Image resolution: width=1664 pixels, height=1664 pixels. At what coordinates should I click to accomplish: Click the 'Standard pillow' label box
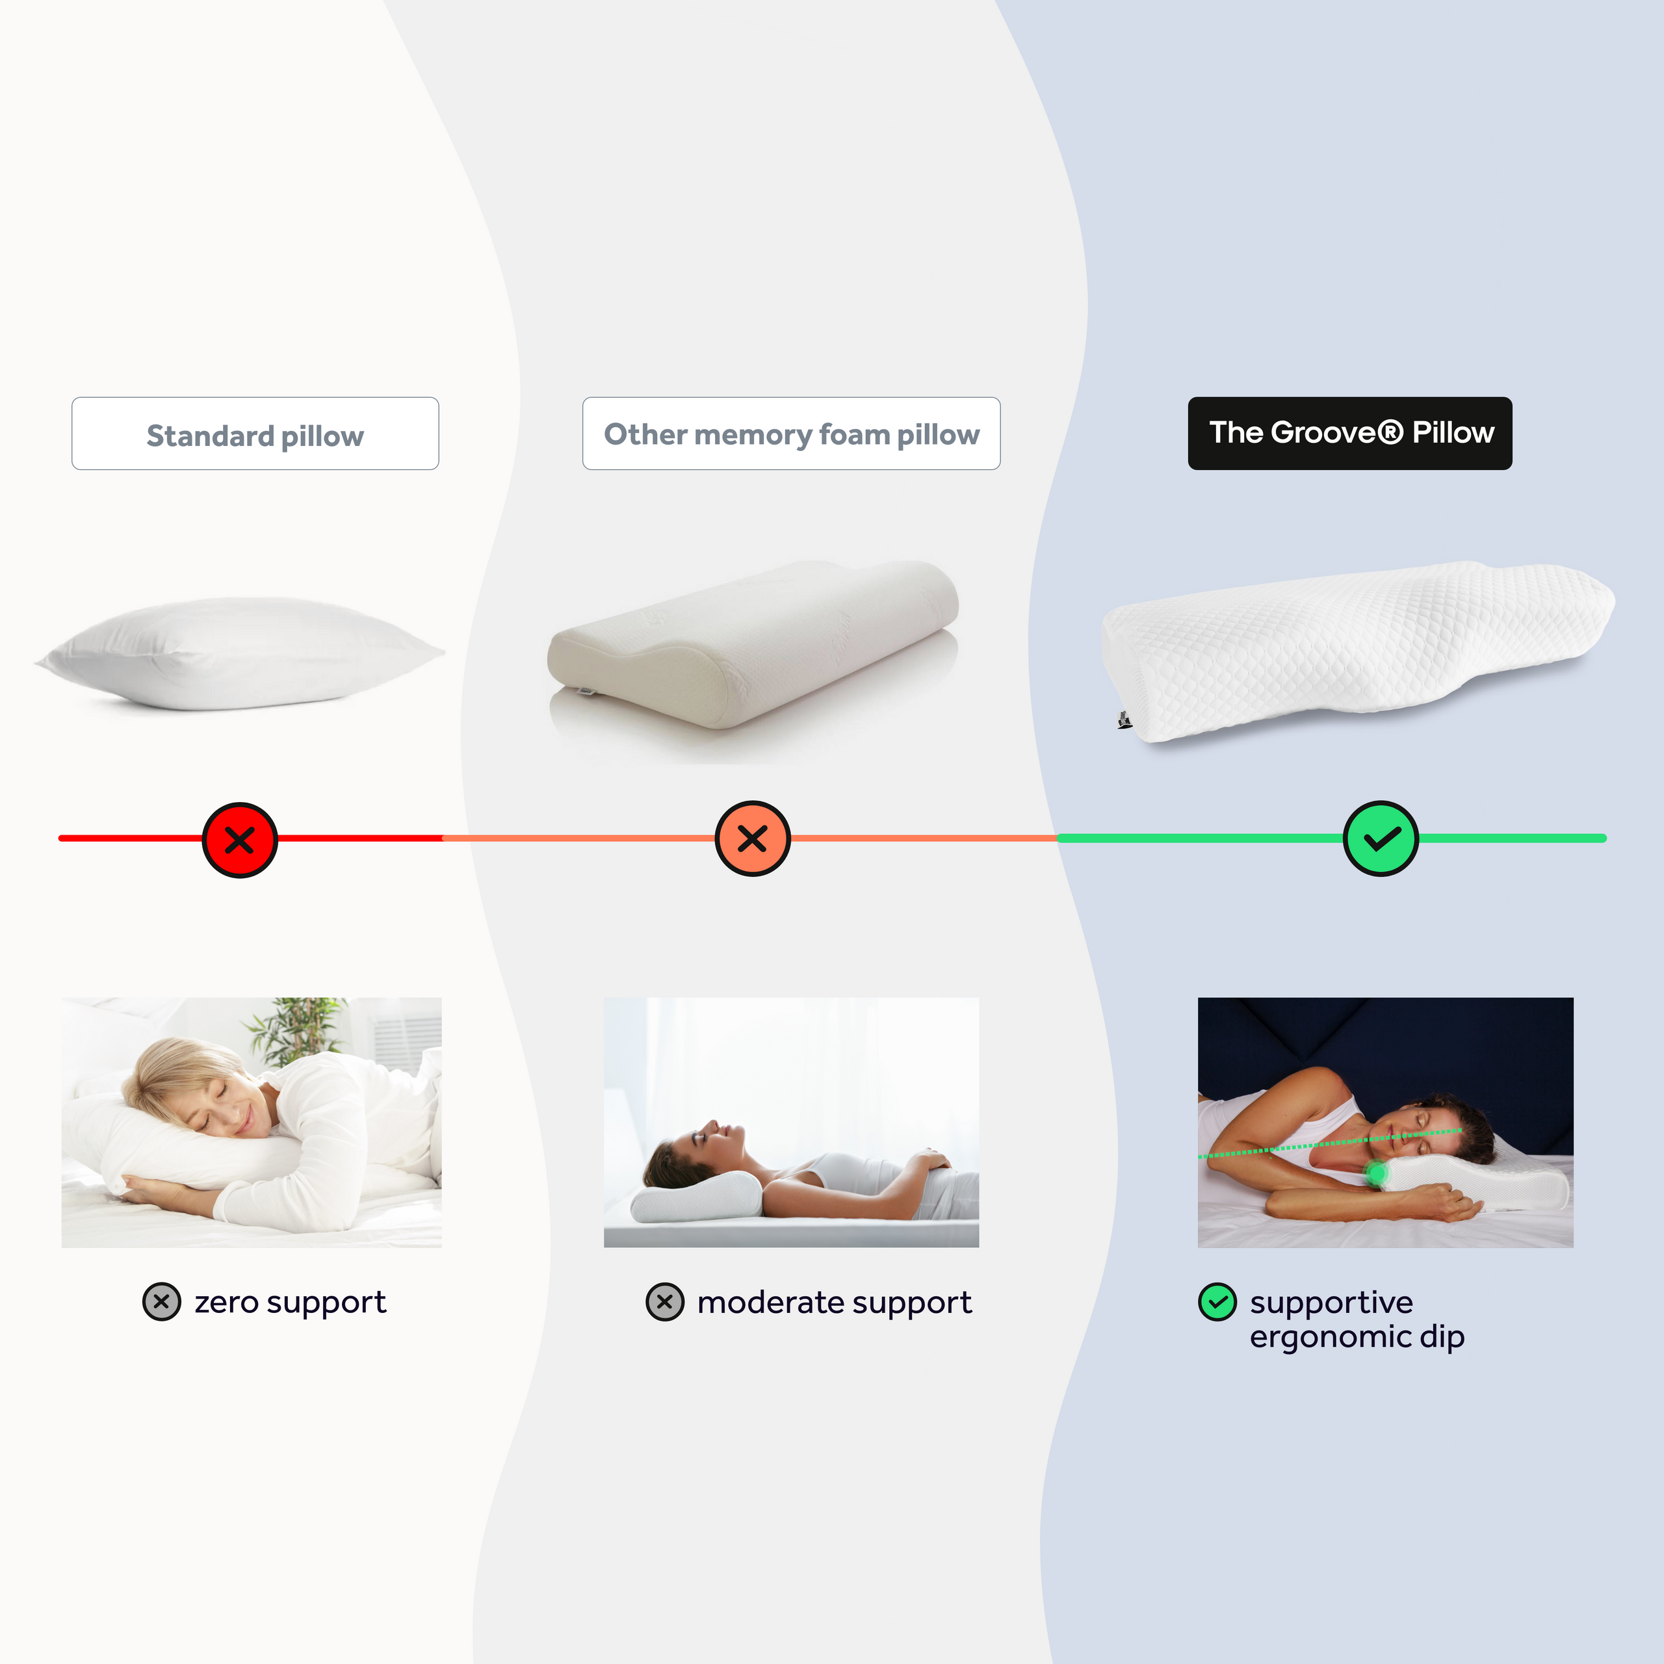(255, 434)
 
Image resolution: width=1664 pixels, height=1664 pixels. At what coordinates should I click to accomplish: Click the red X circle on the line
(239, 839)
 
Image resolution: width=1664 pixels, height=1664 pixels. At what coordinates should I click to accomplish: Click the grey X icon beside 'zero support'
(161, 1301)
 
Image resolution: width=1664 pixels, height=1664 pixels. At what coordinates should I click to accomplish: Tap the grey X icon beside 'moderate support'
(665, 1301)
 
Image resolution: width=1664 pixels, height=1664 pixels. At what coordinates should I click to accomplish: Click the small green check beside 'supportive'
(1217, 1301)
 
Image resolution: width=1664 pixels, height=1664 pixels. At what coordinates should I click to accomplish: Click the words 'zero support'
(291, 1302)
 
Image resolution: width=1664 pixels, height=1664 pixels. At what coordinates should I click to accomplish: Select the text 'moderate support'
(834, 1302)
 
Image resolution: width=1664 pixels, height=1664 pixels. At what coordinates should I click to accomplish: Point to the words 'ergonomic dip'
(1357, 1336)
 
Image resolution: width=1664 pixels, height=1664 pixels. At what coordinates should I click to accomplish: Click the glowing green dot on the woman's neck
(1376, 1171)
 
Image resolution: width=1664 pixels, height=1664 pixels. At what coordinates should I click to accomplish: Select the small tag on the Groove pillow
(1124, 720)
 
